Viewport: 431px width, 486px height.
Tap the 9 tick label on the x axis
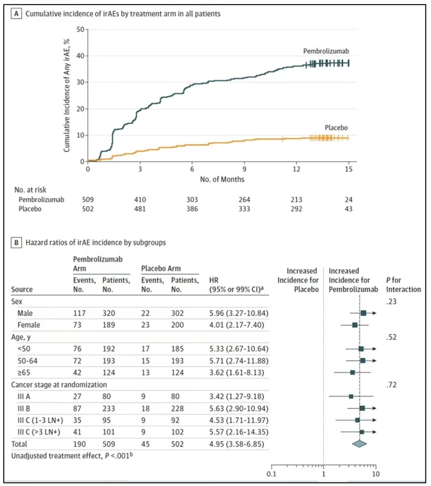pyautogui.click(x=245, y=169)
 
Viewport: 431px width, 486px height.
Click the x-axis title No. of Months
pyautogui.click(x=222, y=180)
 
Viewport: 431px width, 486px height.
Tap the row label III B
pyautogui.click(x=25, y=408)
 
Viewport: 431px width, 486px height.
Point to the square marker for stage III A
pyautogui.click(x=351, y=396)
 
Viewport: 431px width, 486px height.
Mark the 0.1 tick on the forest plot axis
pyautogui.click(x=271, y=473)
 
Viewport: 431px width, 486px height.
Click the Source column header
pyautogui.click(x=22, y=289)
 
